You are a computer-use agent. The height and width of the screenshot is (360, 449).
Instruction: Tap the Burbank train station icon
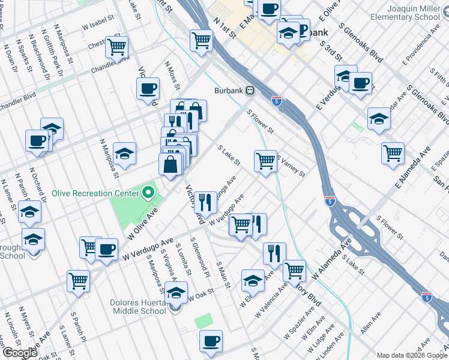pyautogui.click(x=250, y=91)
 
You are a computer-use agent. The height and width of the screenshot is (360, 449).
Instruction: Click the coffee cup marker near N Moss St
pyautogui.click(x=148, y=89)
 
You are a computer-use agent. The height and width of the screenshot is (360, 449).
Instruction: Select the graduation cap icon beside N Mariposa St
pyautogui.click(x=124, y=154)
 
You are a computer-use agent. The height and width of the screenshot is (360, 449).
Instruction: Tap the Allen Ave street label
pyautogui.click(x=371, y=323)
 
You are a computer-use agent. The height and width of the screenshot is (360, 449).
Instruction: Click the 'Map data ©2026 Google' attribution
pyautogui.click(x=412, y=355)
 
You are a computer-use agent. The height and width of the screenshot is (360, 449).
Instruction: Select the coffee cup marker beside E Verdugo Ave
pyautogui.click(x=360, y=83)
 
